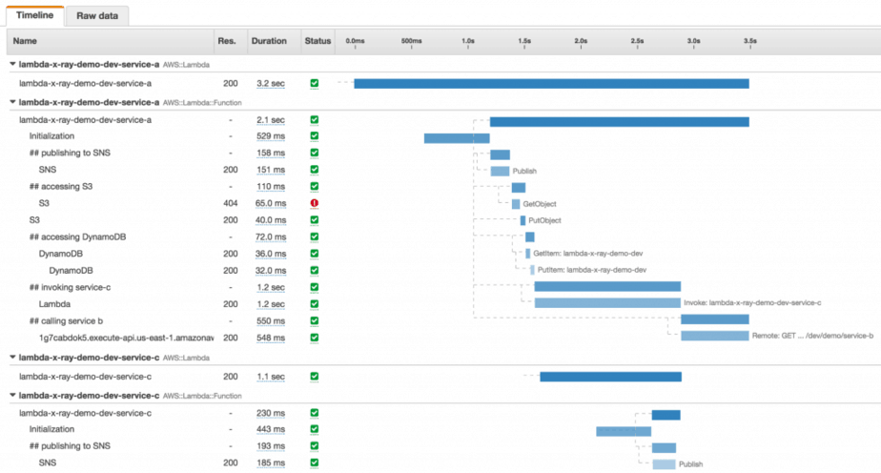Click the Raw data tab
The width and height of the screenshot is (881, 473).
tap(99, 16)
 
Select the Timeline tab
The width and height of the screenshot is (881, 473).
tap(34, 16)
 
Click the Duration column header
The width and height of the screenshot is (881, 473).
tap(268, 41)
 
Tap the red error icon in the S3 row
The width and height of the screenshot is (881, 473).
tap(314, 203)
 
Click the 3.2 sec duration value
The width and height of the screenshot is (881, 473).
tap(270, 84)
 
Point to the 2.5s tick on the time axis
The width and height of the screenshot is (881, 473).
tap(637, 41)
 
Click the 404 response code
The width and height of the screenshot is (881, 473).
tap(230, 203)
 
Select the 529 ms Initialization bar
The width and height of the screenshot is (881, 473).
tap(457, 138)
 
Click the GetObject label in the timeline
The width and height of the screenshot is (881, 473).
tap(540, 204)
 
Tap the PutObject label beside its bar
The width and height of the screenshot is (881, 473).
tap(544, 220)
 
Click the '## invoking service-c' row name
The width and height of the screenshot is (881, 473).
tap(70, 286)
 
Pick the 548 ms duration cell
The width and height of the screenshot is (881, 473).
tap(270, 337)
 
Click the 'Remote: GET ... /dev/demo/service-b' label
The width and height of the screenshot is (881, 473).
tap(812, 336)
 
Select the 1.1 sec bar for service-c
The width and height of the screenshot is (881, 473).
tap(610, 377)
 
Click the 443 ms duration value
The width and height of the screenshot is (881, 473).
tap(270, 430)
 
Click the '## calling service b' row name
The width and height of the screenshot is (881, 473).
tap(66, 319)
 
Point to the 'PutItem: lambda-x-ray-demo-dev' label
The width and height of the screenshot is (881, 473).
tap(592, 270)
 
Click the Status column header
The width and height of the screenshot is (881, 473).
tap(317, 41)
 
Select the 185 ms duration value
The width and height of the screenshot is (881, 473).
tap(270, 463)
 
